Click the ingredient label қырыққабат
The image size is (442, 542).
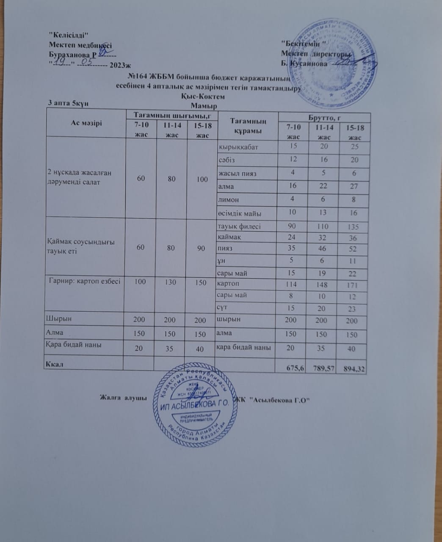tap(238, 147)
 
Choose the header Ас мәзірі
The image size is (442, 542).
tap(86, 124)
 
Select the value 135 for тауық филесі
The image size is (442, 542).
tap(353, 227)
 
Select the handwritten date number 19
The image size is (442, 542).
tap(63, 63)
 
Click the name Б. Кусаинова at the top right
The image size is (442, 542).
tap(304, 64)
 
